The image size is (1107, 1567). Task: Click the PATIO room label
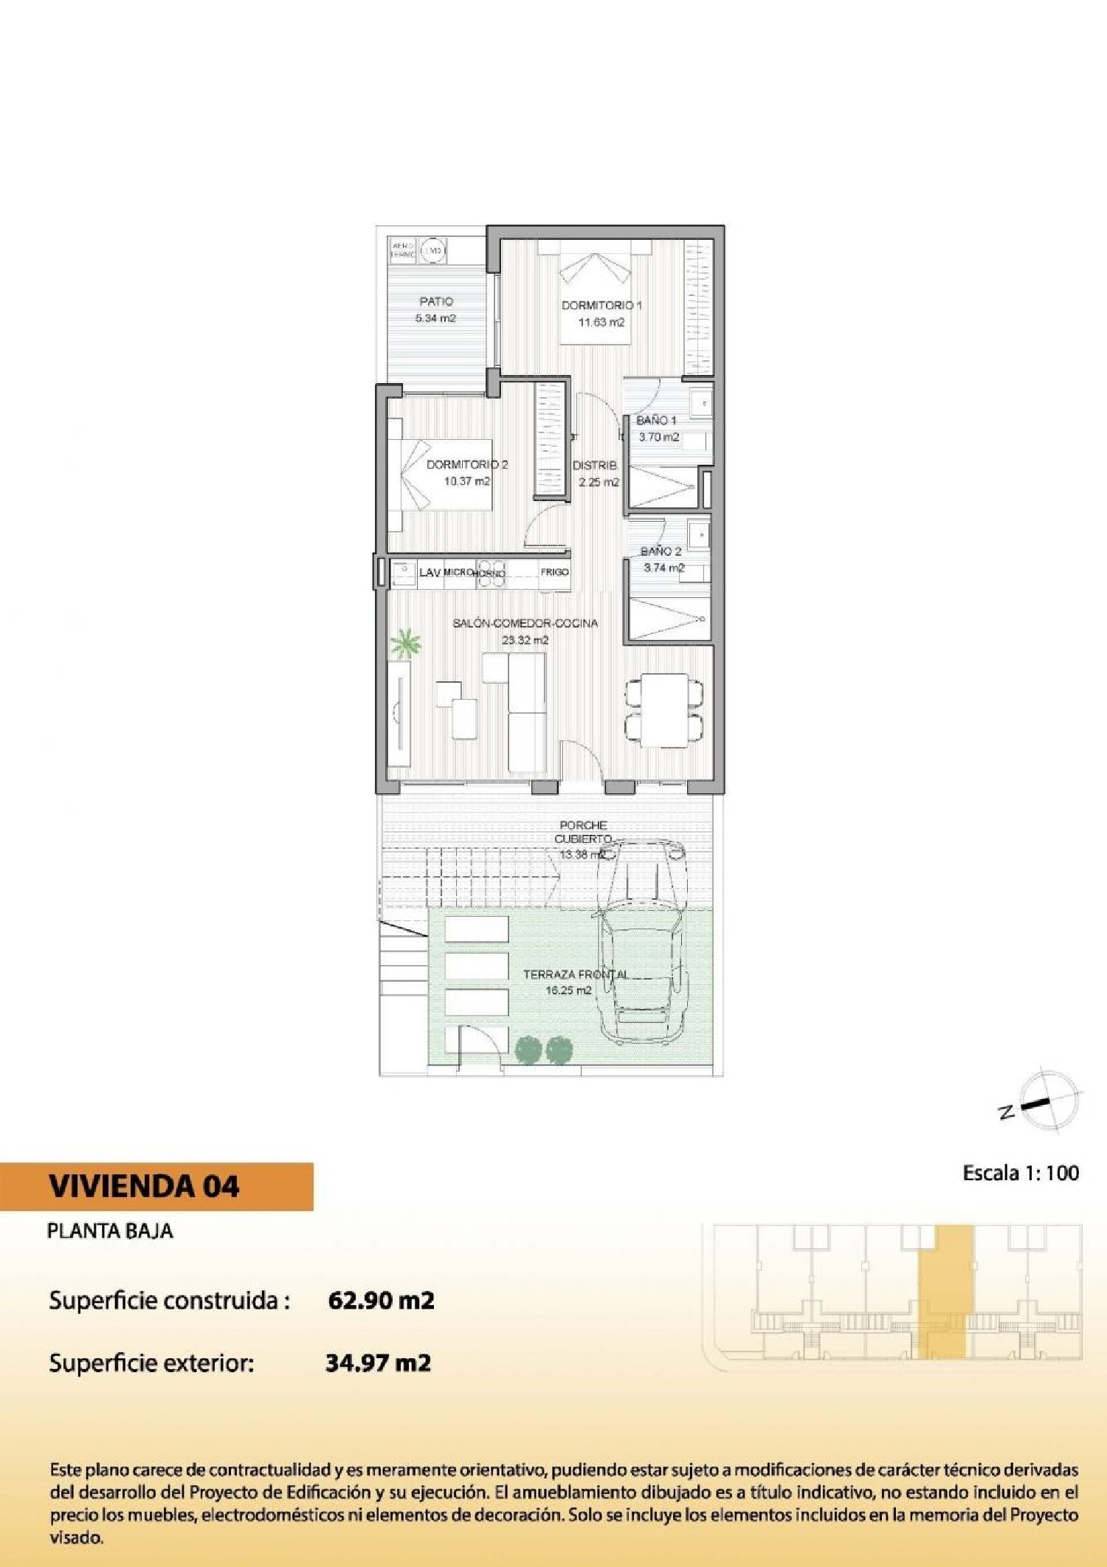[436, 301]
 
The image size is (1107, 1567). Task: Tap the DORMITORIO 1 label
[601, 305]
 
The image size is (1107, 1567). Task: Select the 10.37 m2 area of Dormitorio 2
[466, 481]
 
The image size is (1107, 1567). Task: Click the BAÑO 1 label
[657, 420]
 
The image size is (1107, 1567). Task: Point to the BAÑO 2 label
[661, 551]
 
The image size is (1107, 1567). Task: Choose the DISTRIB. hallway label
[595, 466]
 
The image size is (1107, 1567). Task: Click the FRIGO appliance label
[554, 572]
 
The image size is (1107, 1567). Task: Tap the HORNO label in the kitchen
[489, 574]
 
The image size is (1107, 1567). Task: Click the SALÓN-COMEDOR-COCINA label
[525, 623]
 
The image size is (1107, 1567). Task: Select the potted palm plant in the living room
[404, 643]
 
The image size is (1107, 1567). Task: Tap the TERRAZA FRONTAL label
[576, 974]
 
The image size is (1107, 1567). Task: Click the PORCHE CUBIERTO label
[583, 832]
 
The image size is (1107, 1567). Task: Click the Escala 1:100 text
[1021, 1173]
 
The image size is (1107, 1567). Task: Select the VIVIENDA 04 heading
[145, 1186]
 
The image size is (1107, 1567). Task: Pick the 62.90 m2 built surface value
[381, 1300]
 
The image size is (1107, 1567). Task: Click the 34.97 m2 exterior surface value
[378, 1362]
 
